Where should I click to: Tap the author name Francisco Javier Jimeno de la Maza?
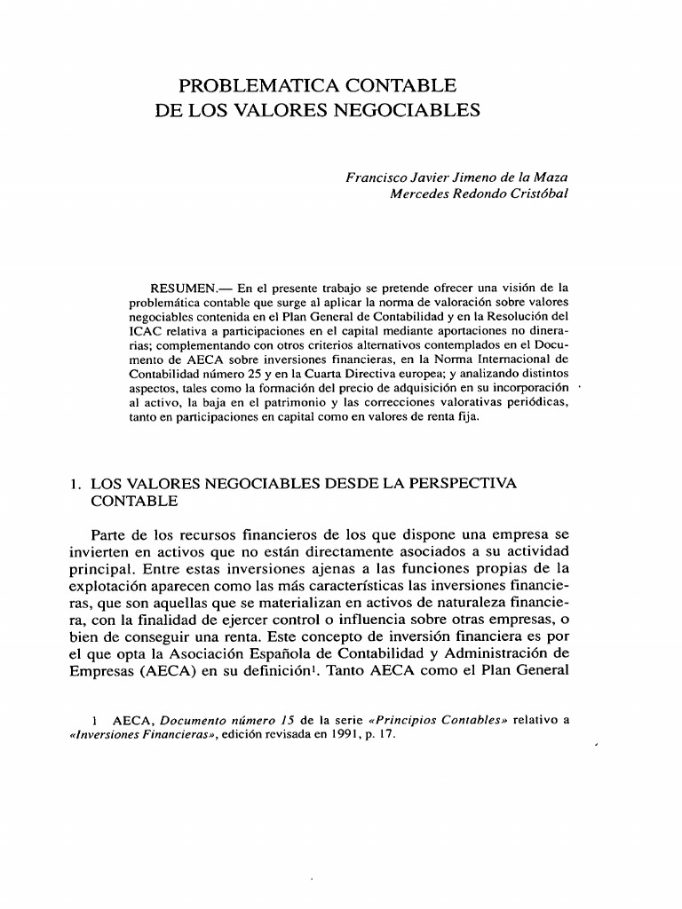tap(456, 178)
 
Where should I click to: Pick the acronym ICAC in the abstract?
tap(146, 331)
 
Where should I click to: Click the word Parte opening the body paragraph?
tap(110, 535)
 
